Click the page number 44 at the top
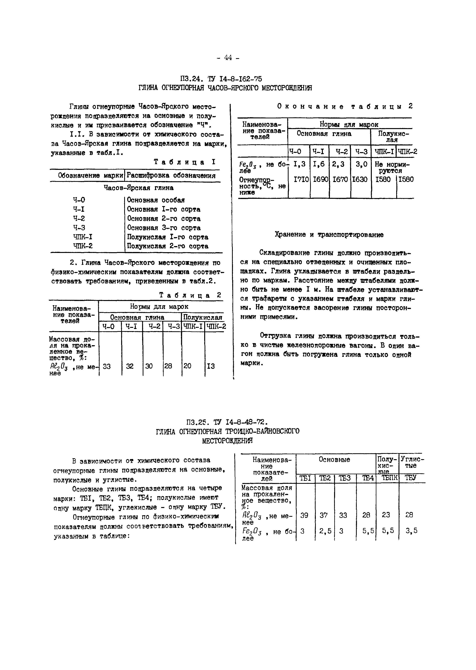point(228,58)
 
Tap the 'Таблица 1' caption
point(185,162)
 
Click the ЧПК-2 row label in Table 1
point(83,246)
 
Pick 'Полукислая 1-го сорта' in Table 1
point(167,237)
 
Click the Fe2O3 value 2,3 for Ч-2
point(338,164)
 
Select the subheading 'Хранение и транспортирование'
point(329,235)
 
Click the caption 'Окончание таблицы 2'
point(345,107)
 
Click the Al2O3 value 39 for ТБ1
point(304,515)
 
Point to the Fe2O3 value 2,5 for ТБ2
point(325,530)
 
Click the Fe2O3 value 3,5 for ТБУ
point(411,530)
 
